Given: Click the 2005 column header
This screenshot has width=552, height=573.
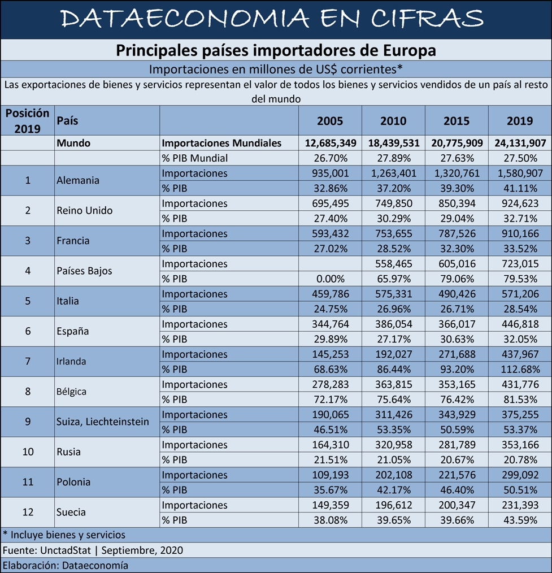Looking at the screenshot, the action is (330, 121).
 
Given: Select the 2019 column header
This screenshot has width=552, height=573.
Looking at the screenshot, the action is (519, 121).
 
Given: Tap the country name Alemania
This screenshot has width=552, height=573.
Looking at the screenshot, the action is (78, 180).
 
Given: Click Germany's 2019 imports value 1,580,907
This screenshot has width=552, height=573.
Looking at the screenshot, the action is (520, 173).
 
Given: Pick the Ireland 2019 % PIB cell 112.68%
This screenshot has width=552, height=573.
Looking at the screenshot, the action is (520, 369).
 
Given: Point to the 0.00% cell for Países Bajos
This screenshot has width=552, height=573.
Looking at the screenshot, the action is (331, 279).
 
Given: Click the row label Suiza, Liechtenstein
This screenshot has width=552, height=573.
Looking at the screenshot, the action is (103, 422).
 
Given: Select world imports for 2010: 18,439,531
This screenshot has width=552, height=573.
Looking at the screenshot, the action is (393, 143).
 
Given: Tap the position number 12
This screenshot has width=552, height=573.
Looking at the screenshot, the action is (28, 512).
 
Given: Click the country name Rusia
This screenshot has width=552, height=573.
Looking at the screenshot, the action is (68, 452).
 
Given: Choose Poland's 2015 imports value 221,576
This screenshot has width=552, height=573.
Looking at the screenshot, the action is (457, 475).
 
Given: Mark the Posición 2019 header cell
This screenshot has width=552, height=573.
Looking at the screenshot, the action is (27, 121).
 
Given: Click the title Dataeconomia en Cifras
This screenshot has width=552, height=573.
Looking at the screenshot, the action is (272, 18).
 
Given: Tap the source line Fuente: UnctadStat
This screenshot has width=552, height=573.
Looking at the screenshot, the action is (47, 550).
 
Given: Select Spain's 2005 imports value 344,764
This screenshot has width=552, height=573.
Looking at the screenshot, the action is (331, 324).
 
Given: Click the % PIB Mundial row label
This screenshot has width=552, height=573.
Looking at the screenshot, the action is (195, 158).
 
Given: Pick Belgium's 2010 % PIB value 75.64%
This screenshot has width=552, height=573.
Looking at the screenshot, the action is (393, 400).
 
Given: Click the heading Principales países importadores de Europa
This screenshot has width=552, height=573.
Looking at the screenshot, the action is (276, 50).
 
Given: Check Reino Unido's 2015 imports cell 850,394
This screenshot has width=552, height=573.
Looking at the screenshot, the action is (457, 203).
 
